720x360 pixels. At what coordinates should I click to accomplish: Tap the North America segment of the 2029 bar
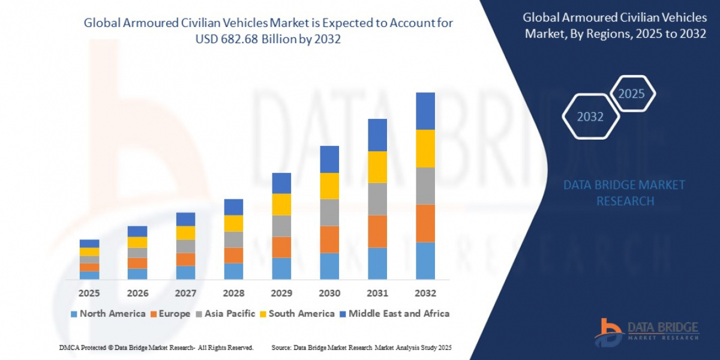click(281, 268)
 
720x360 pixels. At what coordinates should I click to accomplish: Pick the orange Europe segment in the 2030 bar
click(329, 239)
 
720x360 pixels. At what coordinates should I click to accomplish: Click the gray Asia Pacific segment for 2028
click(233, 239)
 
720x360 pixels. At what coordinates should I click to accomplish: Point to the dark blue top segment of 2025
click(89, 244)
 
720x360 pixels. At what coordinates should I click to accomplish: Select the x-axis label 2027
click(185, 293)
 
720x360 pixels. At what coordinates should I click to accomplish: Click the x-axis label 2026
click(137, 293)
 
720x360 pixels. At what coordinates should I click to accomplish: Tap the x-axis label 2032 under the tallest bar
click(425, 293)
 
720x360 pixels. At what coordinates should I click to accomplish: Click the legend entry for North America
click(108, 314)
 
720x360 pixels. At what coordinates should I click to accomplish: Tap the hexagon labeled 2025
click(632, 94)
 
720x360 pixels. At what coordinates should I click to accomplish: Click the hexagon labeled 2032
click(590, 116)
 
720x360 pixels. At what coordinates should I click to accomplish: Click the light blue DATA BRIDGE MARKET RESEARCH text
click(625, 193)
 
